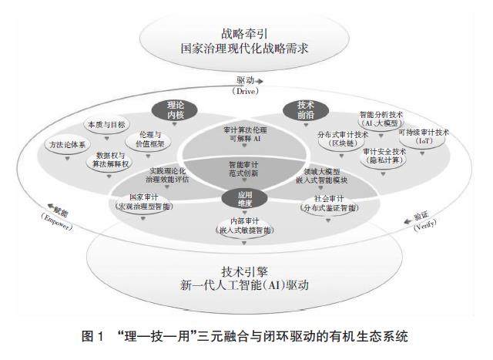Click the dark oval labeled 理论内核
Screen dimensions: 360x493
(177, 108)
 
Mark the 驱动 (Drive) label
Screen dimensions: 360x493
(243, 84)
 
